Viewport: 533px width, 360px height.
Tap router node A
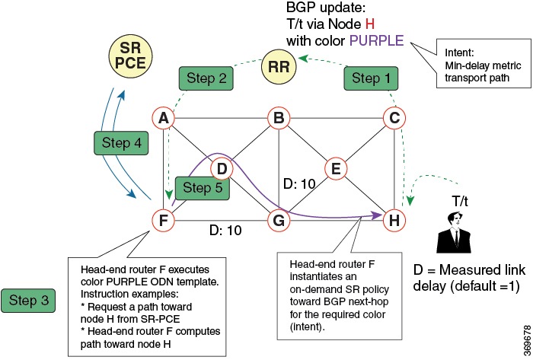click(161, 118)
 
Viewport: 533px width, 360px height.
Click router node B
click(279, 118)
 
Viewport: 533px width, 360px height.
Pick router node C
click(394, 118)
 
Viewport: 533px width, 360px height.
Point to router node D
click(222, 169)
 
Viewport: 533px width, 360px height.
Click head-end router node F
click(161, 221)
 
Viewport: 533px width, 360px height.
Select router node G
click(279, 221)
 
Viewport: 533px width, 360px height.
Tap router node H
click(394, 221)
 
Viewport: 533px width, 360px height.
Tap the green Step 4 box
click(116, 142)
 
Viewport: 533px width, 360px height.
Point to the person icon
click(456, 231)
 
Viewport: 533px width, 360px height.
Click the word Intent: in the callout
click(458, 53)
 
